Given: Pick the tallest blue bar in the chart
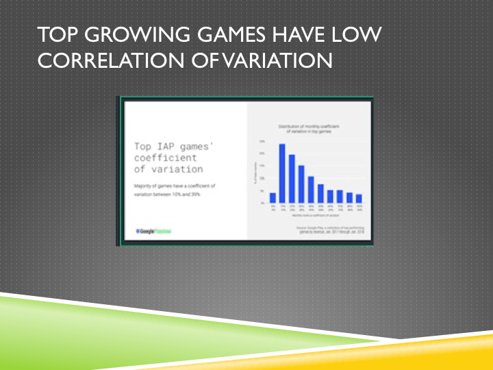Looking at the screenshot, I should point(282,173).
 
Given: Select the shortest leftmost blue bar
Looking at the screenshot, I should point(273,197).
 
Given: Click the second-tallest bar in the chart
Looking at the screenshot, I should point(292,179).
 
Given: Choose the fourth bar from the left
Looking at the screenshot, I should point(301,184).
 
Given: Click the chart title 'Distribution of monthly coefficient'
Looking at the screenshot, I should point(312,127).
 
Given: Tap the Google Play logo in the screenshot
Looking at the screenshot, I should point(153,232).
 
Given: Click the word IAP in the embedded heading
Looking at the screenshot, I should point(166,147).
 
